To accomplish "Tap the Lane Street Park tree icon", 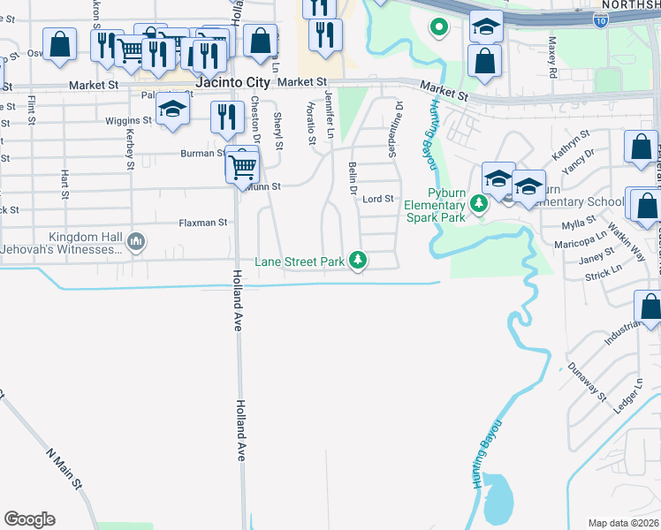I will (x=358, y=261).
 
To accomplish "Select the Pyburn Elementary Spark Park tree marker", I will (x=479, y=205).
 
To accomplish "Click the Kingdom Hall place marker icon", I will (x=136, y=241).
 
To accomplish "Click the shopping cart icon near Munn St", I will (x=242, y=166).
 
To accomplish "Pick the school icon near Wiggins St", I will (x=172, y=110).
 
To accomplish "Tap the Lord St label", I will (x=378, y=199).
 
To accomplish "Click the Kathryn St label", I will (x=571, y=144).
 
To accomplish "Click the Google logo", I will (x=29, y=519).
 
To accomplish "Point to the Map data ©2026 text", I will (x=623, y=523).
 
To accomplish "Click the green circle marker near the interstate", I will (x=437, y=27).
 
